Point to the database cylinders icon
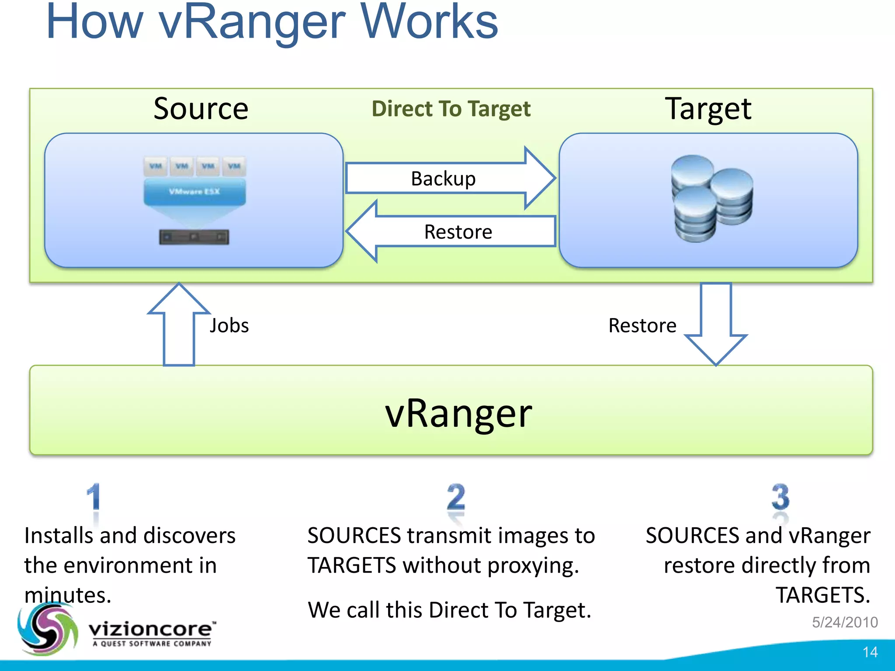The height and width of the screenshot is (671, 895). tap(711, 199)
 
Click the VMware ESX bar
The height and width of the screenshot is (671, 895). tap(194, 192)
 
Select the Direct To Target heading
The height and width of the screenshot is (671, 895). tap(451, 109)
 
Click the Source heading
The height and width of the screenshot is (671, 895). tap(201, 109)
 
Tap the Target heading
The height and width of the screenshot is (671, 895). tap(708, 109)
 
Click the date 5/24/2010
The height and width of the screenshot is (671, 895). tap(845, 622)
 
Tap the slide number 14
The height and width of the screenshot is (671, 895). tap(870, 652)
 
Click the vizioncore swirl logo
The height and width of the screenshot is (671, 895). tap(47, 629)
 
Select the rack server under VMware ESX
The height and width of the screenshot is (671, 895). tap(194, 237)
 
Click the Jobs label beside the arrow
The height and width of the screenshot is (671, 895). tap(229, 325)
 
